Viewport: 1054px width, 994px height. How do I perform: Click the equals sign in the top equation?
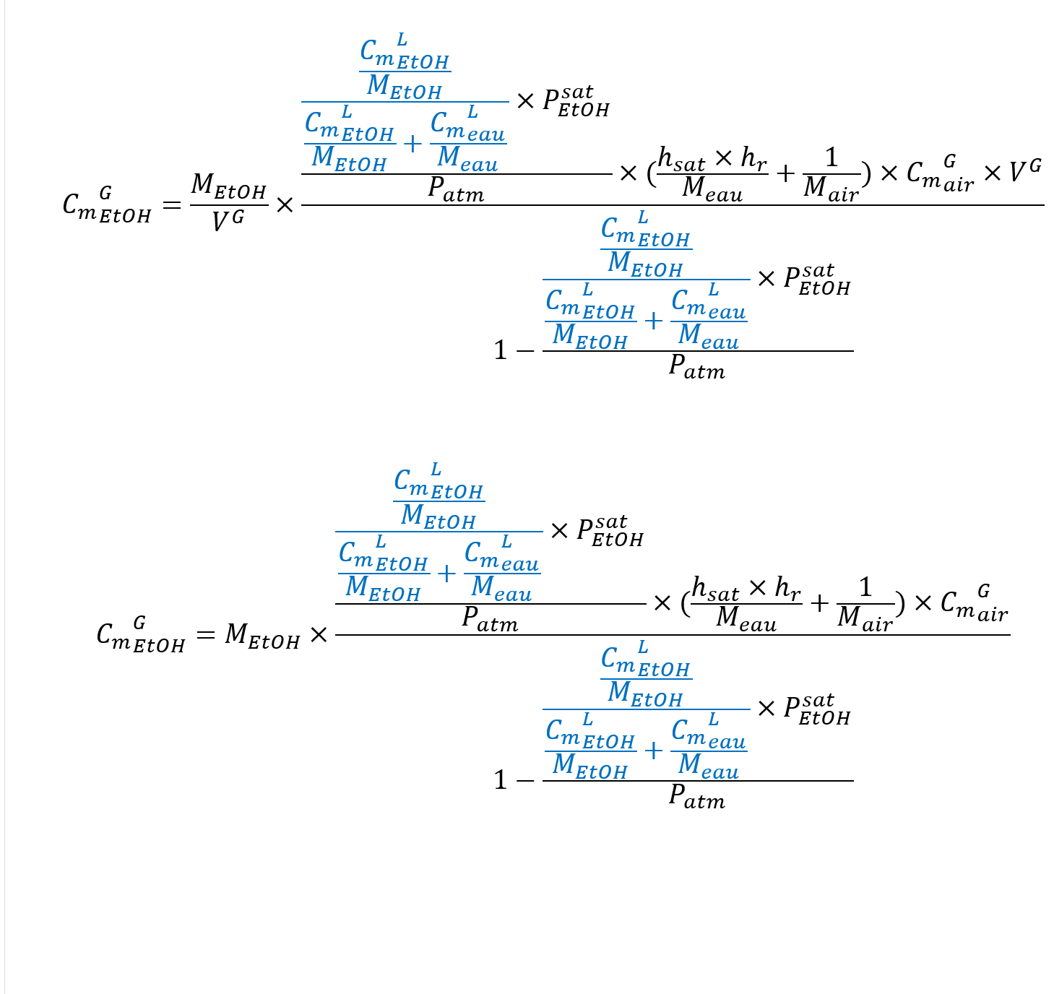tap(171, 206)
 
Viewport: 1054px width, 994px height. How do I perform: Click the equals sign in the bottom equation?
tap(205, 636)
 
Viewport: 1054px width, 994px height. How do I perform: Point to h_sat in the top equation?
tap(681, 160)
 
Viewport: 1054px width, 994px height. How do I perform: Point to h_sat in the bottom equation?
tap(714, 589)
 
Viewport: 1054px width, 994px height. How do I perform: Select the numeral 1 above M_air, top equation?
tap(831, 157)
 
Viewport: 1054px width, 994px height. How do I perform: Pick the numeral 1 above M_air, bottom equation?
tap(865, 587)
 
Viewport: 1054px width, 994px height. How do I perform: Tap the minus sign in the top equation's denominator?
tap(525, 352)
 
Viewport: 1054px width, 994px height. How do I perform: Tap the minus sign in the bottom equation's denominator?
tap(525, 781)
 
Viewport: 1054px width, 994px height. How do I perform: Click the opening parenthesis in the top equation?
tap(652, 173)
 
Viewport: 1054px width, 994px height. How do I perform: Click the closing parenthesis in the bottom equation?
tap(900, 603)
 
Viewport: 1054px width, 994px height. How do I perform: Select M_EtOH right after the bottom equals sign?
tap(262, 636)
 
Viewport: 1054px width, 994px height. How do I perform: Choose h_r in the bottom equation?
tap(787, 589)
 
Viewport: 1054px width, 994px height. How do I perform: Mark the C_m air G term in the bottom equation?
tap(973, 604)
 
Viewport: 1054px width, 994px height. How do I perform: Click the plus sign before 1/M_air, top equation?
tap(785, 173)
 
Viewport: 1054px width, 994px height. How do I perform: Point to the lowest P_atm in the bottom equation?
tap(696, 796)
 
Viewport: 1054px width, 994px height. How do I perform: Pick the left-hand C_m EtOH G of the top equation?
tap(107, 206)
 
